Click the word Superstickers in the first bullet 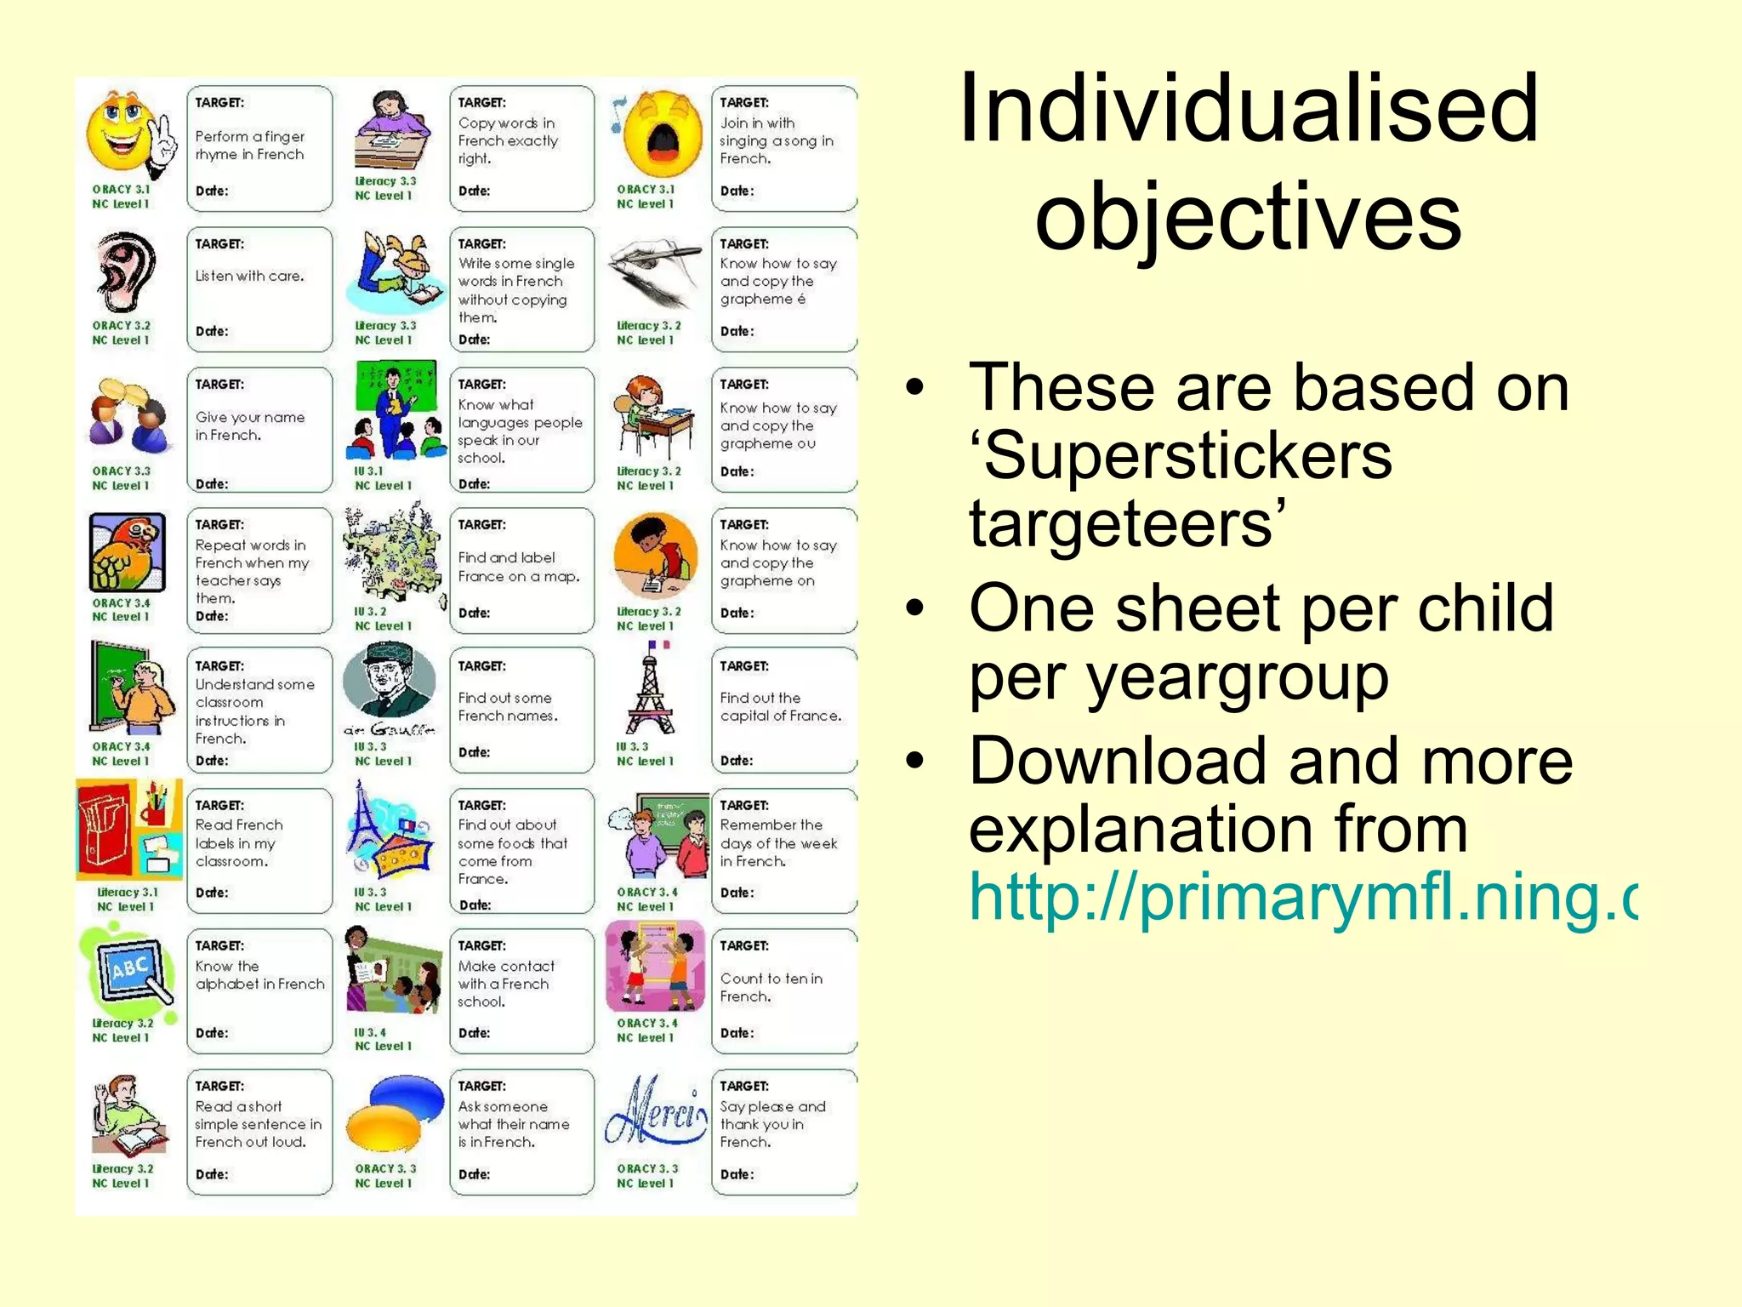1181,456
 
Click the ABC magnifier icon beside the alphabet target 129,972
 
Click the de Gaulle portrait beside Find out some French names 390,685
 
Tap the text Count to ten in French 771,987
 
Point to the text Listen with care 249,277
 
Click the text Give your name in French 249,426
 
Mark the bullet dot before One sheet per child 914,608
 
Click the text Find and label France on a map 518,567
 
